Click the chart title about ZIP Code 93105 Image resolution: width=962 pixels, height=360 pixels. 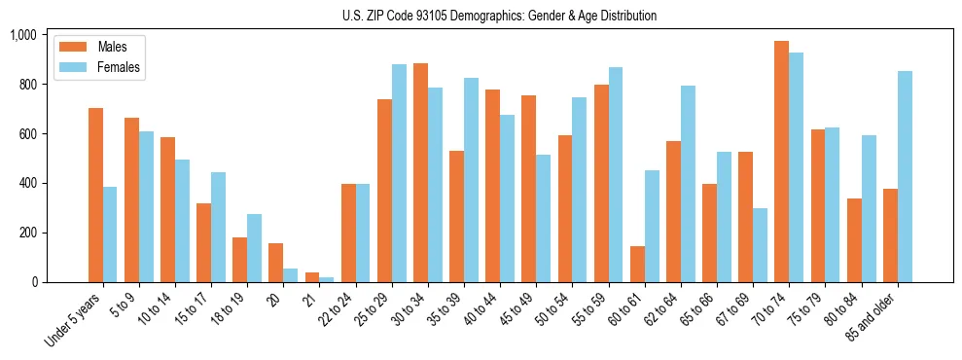coord(499,16)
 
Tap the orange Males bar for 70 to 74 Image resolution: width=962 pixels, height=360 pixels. coord(781,162)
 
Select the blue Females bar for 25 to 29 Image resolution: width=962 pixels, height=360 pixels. coord(399,173)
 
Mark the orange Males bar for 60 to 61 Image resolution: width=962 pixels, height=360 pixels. coord(636,264)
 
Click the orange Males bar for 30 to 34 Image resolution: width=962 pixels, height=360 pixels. coord(420,172)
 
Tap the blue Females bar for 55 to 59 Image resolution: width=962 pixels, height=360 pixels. coord(616,174)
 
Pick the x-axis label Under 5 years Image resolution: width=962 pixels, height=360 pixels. coord(74,320)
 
